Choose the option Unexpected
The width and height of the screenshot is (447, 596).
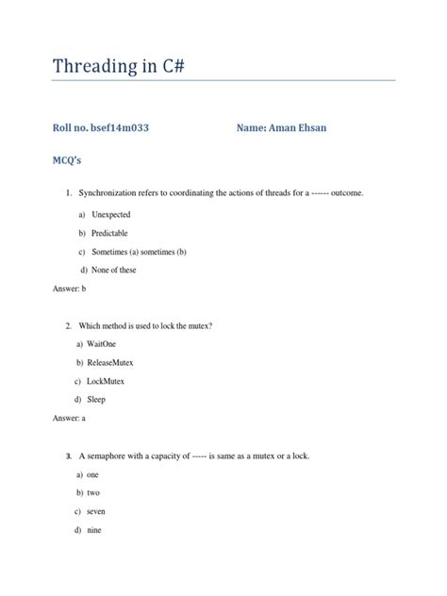click(x=111, y=215)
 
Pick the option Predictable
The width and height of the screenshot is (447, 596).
click(x=109, y=233)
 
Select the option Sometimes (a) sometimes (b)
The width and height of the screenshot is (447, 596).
click(x=139, y=252)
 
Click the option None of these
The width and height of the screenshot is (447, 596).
click(x=113, y=270)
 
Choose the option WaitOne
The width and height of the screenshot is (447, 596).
click(x=107, y=344)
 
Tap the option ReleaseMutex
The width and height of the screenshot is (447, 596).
click(x=114, y=362)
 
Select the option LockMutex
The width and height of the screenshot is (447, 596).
click(x=108, y=381)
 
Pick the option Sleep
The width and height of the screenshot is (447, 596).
click(x=98, y=400)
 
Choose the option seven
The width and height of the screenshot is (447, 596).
click(x=98, y=511)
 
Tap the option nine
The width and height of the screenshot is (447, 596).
click(x=96, y=530)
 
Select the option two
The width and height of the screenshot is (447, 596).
click(x=94, y=493)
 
